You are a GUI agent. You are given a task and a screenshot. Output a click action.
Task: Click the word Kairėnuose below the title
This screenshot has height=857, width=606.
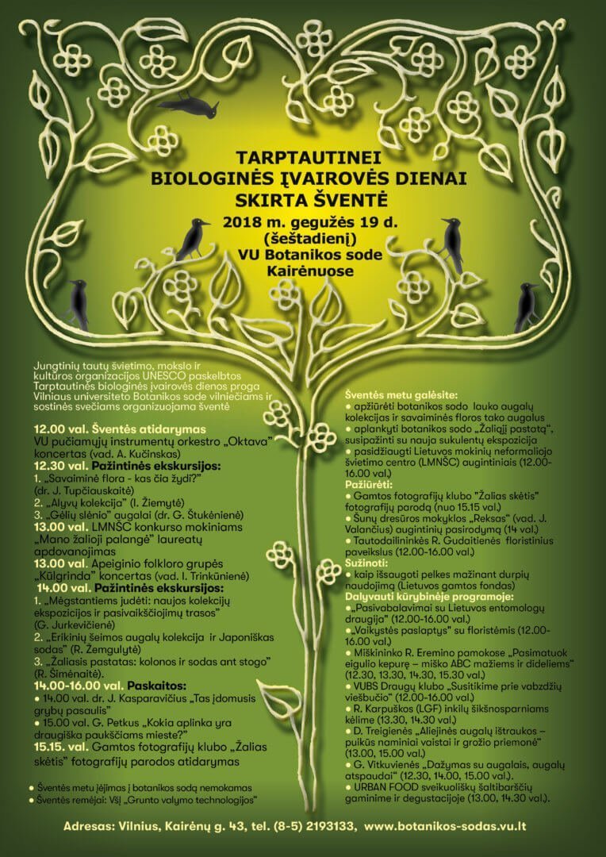(x=304, y=271)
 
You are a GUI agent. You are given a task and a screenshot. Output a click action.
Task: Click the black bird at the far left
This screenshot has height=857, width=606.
(x=78, y=303)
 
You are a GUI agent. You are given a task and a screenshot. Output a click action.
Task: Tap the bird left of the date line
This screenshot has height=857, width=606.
(x=193, y=239)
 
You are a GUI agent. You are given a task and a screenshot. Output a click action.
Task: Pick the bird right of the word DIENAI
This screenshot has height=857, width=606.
(x=452, y=242)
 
